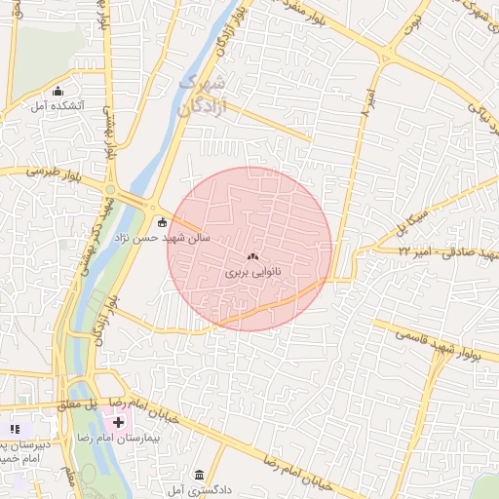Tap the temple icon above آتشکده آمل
[x=58, y=91]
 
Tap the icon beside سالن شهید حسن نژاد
[x=162, y=221]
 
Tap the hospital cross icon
[x=118, y=422]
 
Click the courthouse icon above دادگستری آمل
[x=200, y=474]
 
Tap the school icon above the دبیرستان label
[x=15, y=429]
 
